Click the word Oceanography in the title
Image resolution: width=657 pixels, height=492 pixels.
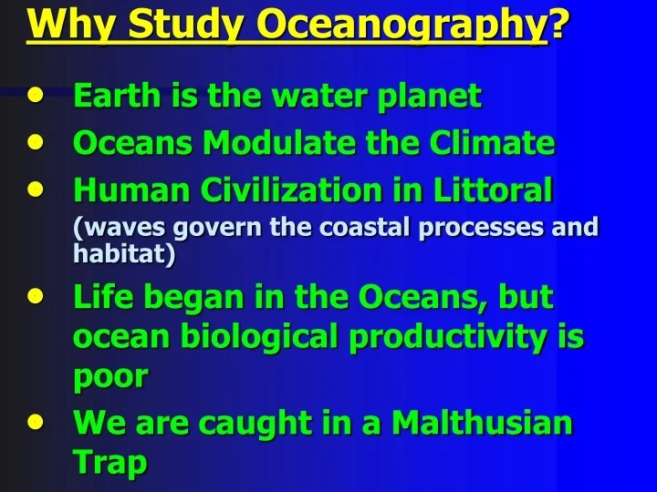coord(401,25)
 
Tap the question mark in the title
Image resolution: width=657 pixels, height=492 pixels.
coord(558,25)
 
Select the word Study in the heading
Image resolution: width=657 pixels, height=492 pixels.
coord(181,25)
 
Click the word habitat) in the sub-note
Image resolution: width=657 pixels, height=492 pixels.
coord(124,253)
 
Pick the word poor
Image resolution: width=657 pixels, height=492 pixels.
coord(109,377)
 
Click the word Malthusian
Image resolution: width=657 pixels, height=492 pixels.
coord(482,424)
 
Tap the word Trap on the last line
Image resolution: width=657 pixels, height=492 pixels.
coord(109,463)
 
